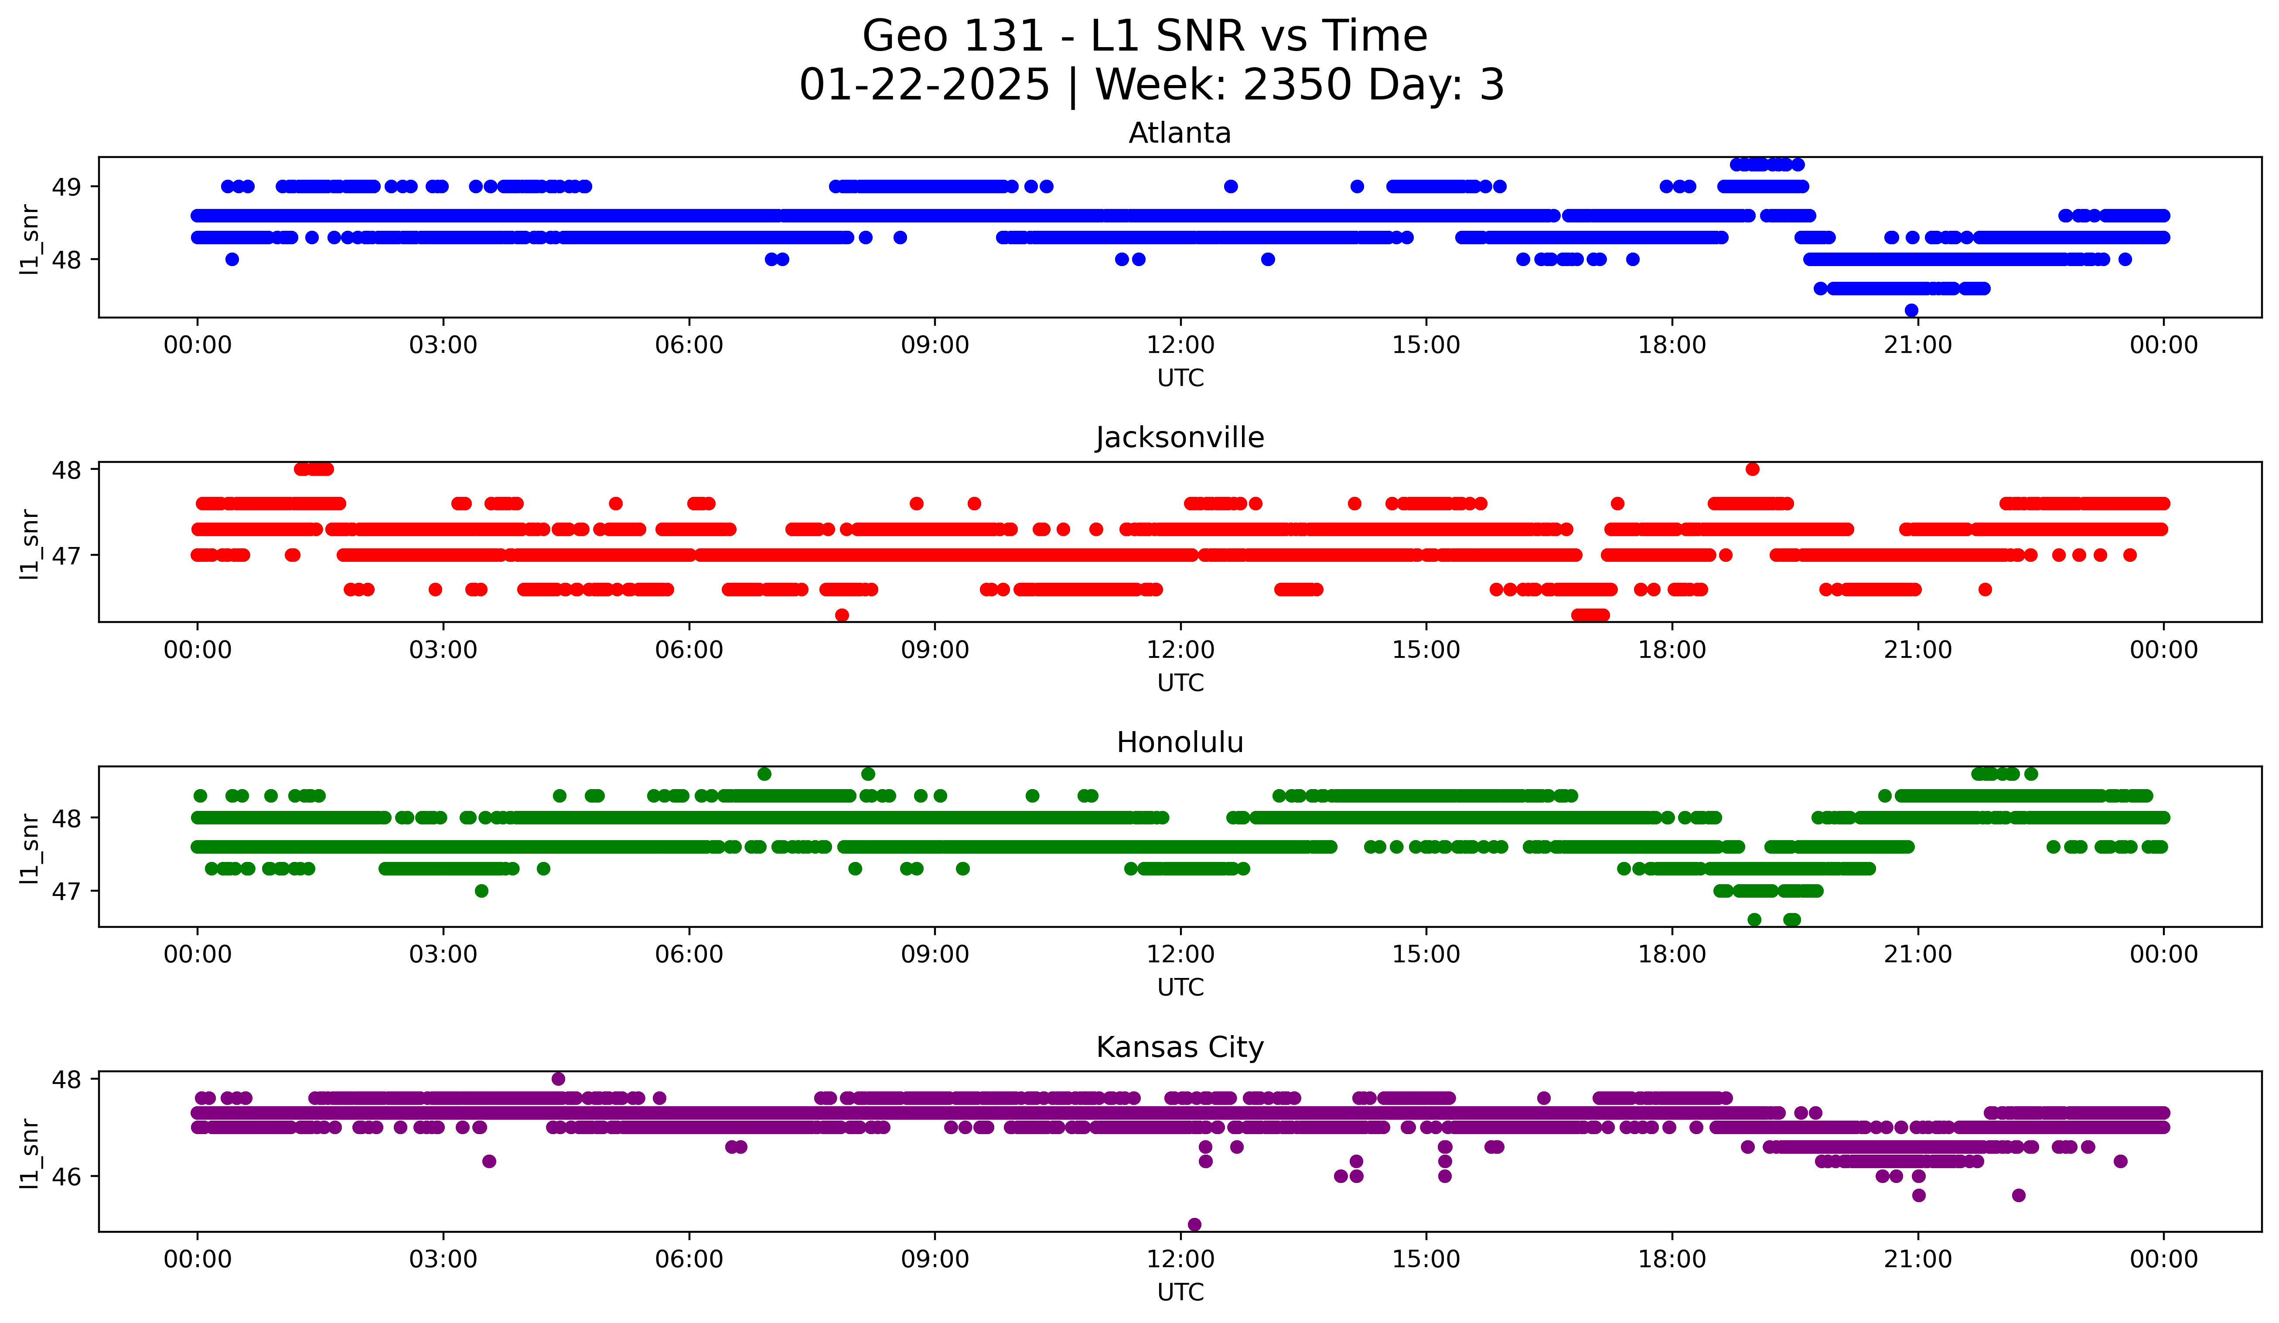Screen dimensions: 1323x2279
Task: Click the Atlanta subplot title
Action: [1179, 133]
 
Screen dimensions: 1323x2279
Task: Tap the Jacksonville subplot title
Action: [1179, 438]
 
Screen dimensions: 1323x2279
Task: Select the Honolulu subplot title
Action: [1179, 742]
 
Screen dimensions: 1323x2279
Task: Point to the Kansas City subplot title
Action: [1179, 1047]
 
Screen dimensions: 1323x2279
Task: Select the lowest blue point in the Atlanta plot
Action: [1911, 310]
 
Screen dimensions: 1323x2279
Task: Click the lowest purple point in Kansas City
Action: [1194, 1224]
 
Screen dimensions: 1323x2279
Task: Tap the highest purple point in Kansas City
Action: [558, 1079]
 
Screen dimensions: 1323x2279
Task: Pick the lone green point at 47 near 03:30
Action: [481, 891]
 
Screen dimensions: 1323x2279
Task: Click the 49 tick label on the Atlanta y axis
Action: [66, 187]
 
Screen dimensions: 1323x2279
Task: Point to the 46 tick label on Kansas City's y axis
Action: [66, 1176]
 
